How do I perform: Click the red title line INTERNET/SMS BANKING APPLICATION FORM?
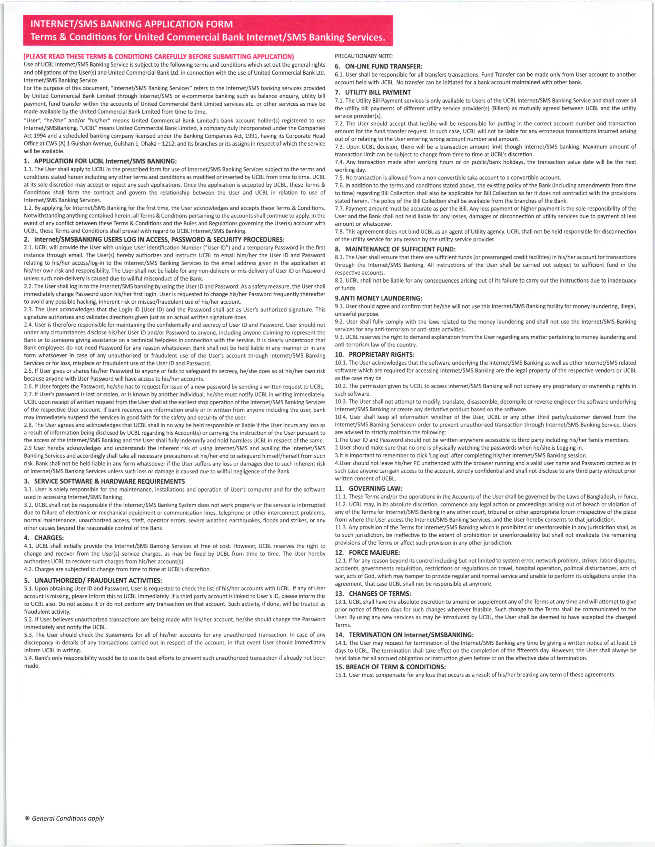(132, 24)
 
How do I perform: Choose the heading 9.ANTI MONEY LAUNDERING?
(379, 298)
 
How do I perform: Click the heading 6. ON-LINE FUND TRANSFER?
(379, 66)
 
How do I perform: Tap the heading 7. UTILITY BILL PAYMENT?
(372, 92)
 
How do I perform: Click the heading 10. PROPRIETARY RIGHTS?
(375, 354)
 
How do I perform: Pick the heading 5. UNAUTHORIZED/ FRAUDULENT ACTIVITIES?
(93, 580)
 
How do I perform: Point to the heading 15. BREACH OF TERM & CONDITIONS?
(390, 667)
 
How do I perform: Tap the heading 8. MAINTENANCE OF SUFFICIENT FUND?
(395, 249)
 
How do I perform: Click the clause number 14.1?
(341, 643)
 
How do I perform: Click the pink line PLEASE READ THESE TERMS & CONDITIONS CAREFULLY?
(159, 57)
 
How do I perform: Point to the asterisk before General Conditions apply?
(27, 818)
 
